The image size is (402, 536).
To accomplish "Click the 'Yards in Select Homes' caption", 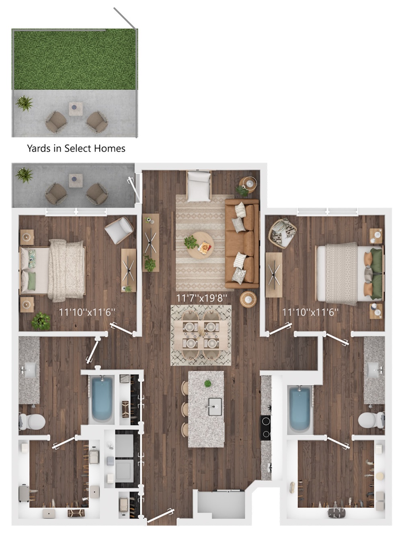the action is (76, 148).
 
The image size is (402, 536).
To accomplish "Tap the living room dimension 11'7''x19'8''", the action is (202, 298).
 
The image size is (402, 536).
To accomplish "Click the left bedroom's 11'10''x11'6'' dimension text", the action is (87, 312).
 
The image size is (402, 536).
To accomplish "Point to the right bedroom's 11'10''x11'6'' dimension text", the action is (310, 312).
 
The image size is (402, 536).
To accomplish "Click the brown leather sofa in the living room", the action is (242, 244).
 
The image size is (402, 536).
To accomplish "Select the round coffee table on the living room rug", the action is (200, 245).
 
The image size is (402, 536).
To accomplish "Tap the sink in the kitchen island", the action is (215, 407).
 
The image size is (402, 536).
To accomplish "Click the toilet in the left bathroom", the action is (32, 421).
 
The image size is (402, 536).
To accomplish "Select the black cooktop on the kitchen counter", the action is (266, 427).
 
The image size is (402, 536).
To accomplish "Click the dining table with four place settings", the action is (201, 335).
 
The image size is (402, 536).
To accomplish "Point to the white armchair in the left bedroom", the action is (119, 230).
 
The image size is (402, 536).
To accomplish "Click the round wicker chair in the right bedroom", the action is (283, 234).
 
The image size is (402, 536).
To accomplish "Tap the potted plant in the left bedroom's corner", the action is (41, 321).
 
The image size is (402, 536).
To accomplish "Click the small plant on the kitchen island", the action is (208, 383).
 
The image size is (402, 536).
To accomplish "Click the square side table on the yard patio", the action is (76, 109).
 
